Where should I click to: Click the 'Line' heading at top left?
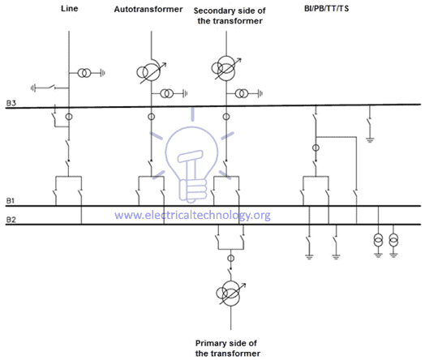68,10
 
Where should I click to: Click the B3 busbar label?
11,104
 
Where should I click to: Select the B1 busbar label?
11,203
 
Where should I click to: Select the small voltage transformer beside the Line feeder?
85,73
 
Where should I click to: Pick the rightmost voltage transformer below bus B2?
394,242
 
